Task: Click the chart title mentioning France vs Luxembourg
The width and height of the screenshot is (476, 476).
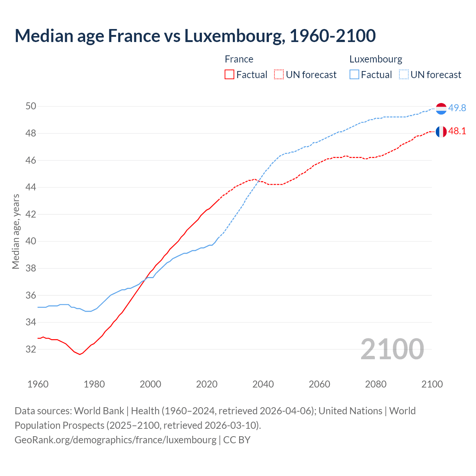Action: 195,36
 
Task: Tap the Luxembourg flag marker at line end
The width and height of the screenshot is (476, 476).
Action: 441,109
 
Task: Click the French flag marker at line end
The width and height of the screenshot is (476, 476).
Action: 441,132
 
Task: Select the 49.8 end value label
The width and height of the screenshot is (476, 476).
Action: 457,108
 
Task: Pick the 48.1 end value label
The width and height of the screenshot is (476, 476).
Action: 457,131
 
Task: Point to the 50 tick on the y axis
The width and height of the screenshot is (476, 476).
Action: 31,106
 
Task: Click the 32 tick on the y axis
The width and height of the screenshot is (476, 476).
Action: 31,349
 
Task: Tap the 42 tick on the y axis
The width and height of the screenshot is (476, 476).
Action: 31,214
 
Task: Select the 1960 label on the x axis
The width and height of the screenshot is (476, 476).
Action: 38,384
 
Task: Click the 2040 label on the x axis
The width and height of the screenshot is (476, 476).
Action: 263,384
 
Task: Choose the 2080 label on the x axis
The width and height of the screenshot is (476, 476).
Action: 376,384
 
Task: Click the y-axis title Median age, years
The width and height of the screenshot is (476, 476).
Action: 16,231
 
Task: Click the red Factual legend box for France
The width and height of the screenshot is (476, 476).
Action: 229,74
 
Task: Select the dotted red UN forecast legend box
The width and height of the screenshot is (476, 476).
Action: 279,74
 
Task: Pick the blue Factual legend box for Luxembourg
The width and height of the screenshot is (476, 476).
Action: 354,74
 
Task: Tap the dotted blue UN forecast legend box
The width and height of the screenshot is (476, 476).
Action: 404,74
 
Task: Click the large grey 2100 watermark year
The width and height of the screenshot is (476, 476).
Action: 392,349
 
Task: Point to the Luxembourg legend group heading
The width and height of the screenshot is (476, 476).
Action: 376,59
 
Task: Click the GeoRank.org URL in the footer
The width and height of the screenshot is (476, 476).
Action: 115,440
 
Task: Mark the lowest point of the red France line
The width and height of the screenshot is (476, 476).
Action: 80,354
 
